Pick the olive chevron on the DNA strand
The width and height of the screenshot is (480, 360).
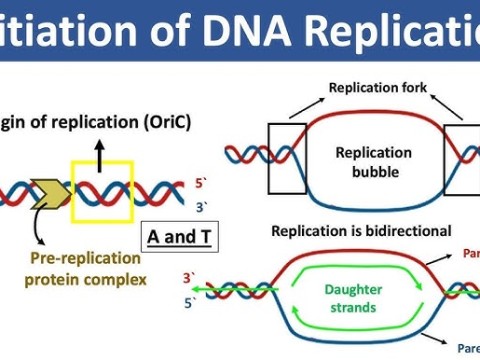coord(48,191)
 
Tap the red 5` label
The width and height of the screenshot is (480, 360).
coord(201,184)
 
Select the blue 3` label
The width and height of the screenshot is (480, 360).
coord(201,206)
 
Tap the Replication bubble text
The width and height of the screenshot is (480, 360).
coord(372,162)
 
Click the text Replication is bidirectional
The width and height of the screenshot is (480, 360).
coord(360,231)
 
